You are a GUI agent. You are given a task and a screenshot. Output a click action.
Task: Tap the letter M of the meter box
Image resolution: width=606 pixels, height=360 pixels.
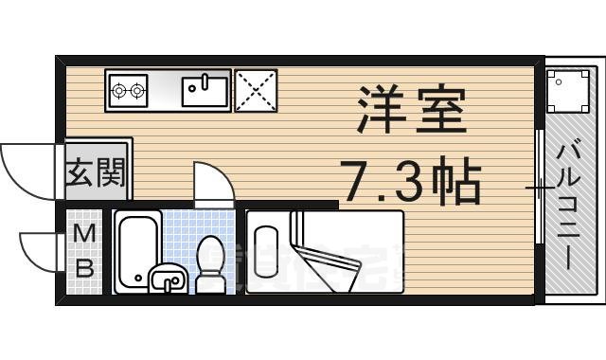[84, 234]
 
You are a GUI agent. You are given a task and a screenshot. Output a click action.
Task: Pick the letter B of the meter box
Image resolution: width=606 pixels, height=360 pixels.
[84, 267]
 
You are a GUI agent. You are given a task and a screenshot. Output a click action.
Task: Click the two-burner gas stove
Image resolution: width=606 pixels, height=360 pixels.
[129, 92]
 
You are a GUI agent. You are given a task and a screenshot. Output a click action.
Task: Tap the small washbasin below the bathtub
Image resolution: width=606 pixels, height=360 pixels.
[167, 280]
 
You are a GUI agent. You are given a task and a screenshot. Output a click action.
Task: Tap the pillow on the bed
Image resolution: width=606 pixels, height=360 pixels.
[266, 251]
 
